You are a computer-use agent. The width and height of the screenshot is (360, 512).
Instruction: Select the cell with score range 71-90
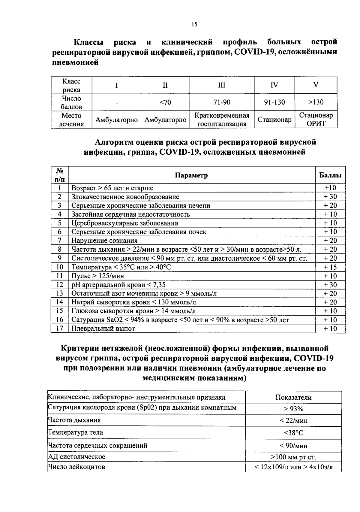click(x=222, y=102)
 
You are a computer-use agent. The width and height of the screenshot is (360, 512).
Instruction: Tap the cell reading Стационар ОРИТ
click(x=316, y=120)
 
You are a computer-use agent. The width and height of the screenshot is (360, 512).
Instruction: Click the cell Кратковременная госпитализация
click(x=222, y=120)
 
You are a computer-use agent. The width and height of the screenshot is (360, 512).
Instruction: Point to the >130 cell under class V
click(x=316, y=102)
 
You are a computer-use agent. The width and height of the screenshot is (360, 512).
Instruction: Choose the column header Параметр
click(x=191, y=175)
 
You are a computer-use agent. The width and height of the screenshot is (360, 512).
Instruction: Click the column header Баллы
click(x=330, y=175)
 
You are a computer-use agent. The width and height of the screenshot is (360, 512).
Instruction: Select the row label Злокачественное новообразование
click(x=125, y=197)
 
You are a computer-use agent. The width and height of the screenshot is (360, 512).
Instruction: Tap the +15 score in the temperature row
click(x=330, y=267)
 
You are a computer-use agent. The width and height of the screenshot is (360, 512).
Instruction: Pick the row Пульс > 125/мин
click(x=97, y=276)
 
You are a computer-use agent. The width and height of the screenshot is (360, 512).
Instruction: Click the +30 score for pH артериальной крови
click(x=330, y=285)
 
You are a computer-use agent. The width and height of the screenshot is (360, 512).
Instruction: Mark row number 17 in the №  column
click(x=60, y=329)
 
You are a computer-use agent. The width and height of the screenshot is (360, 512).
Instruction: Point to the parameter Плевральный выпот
click(x=103, y=329)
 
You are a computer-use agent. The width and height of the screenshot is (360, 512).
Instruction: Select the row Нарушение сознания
click(x=104, y=241)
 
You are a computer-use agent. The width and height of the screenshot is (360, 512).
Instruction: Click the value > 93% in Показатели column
click(x=293, y=409)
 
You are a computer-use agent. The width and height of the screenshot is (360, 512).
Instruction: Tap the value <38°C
click(x=293, y=433)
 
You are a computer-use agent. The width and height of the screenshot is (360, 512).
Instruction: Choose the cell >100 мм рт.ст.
click(x=293, y=457)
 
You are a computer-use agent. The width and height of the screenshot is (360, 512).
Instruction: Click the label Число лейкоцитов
click(x=76, y=467)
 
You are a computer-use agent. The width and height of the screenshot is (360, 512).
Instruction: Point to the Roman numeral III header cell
click(x=222, y=85)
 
